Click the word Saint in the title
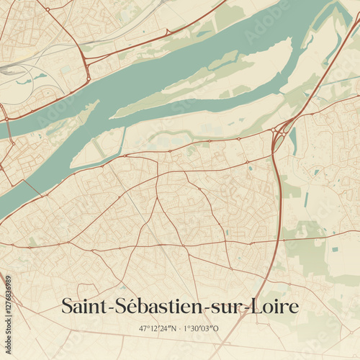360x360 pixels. [x=83, y=306]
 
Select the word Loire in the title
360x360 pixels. [x=274, y=306]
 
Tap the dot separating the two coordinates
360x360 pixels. [x=180, y=328]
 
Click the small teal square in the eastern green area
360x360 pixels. [x=335, y=249]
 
